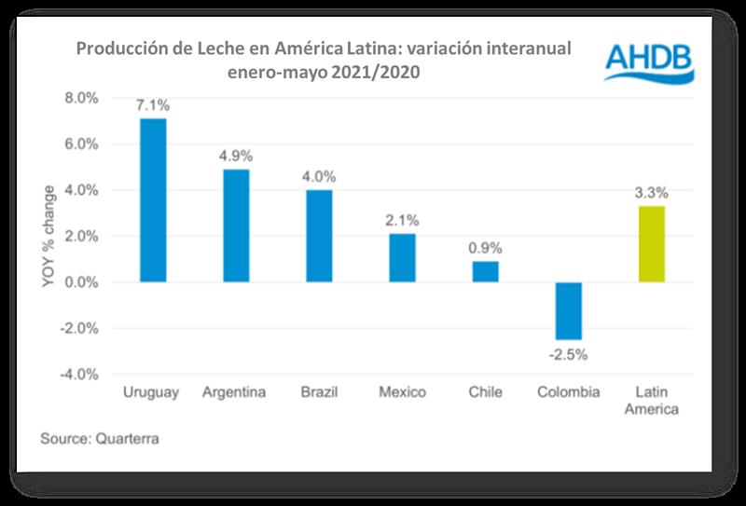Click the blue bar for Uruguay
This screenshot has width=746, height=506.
pyautogui.click(x=152, y=200)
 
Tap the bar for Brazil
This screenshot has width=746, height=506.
pyautogui.click(x=319, y=236)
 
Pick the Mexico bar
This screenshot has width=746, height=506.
pyautogui.click(x=402, y=258)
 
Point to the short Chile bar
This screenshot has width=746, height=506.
pyautogui.click(x=486, y=271)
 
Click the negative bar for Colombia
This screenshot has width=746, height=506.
pyautogui.click(x=569, y=311)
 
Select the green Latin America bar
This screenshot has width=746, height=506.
pyautogui.click(x=652, y=244)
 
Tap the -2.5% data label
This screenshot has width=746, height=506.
pyautogui.click(x=568, y=354)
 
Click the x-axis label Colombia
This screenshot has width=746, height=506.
pyautogui.click(x=569, y=392)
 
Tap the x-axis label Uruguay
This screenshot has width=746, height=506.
pyautogui.click(x=152, y=392)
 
